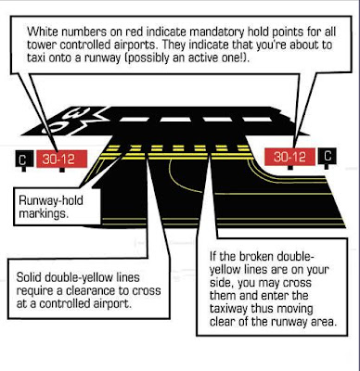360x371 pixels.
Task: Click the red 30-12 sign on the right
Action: pos(288,157)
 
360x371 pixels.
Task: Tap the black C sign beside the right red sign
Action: pos(328,157)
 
